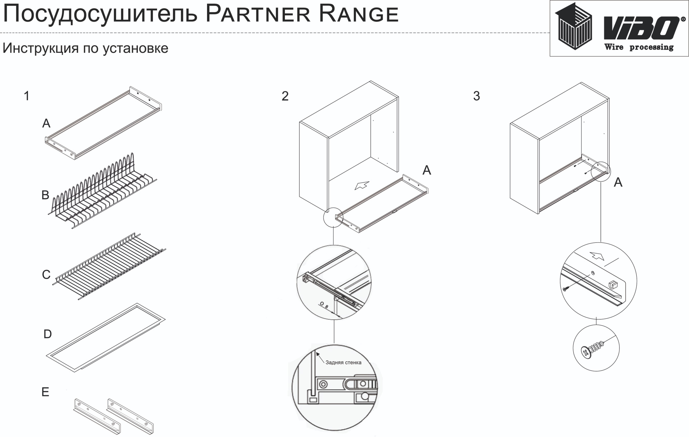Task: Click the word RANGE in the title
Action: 359,14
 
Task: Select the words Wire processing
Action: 639,47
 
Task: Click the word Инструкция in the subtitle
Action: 41,48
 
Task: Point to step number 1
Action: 27,96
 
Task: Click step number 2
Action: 285,96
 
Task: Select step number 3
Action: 476,96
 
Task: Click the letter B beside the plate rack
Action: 45,195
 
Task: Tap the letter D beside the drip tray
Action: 48,334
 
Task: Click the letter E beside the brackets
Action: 45,392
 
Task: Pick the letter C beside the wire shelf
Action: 46,275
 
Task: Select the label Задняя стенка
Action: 343,362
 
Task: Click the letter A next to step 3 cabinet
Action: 618,182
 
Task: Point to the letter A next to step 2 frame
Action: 426,170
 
